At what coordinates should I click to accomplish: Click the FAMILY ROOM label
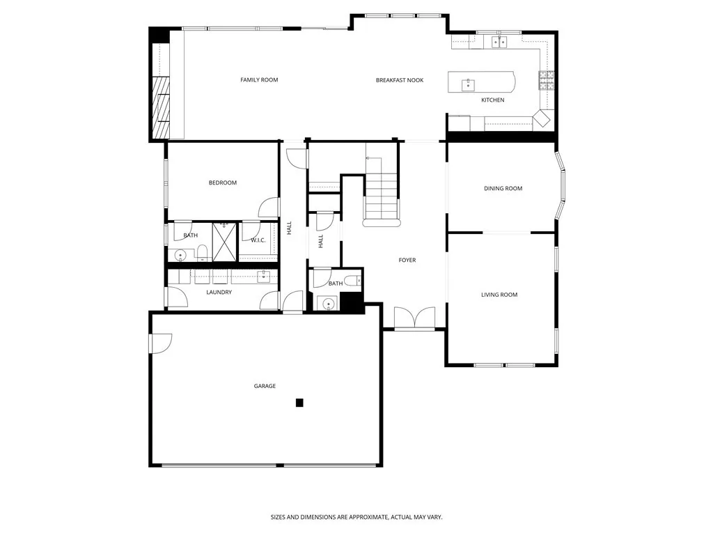259,80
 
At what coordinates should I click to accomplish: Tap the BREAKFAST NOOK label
400,80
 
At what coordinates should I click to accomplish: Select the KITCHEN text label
492,100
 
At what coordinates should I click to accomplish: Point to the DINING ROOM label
503,188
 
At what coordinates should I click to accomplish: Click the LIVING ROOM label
499,295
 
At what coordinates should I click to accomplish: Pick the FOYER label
407,261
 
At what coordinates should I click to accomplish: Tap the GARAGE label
265,386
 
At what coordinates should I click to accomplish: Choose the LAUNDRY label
219,292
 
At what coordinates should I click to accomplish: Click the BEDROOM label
223,183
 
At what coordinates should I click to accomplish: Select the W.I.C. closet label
258,240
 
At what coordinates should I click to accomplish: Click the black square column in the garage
299,402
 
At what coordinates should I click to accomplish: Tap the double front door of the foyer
414,318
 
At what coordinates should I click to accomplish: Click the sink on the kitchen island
468,85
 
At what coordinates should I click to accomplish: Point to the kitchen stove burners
546,81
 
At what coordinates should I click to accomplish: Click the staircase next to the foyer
382,195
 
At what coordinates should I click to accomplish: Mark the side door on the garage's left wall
159,343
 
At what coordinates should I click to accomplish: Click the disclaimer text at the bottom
356,517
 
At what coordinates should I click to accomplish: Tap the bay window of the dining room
563,187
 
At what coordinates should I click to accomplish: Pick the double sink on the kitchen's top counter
499,42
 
